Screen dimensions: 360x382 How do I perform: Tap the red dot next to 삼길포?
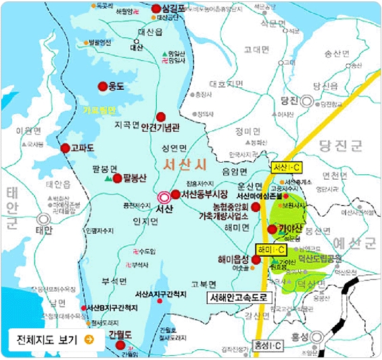click(157, 9)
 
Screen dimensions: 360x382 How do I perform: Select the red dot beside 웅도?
click(103, 86)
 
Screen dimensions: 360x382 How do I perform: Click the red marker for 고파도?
click(65, 148)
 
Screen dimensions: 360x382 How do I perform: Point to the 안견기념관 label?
click(179, 126)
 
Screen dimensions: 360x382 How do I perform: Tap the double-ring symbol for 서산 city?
click(163, 197)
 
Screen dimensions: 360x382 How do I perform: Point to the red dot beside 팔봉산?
click(118, 179)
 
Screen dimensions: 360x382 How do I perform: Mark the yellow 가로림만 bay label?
click(99, 109)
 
